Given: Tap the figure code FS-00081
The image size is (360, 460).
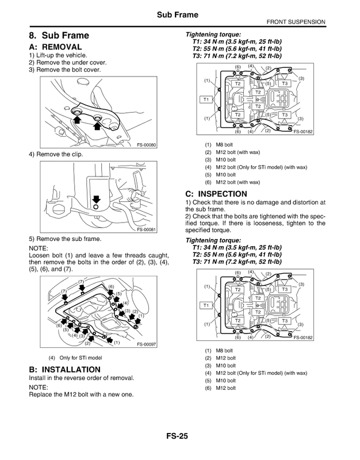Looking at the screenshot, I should pyautogui.click(x=147, y=229).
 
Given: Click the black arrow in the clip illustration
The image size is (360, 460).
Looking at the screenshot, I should pyautogui.click(x=95, y=198).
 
